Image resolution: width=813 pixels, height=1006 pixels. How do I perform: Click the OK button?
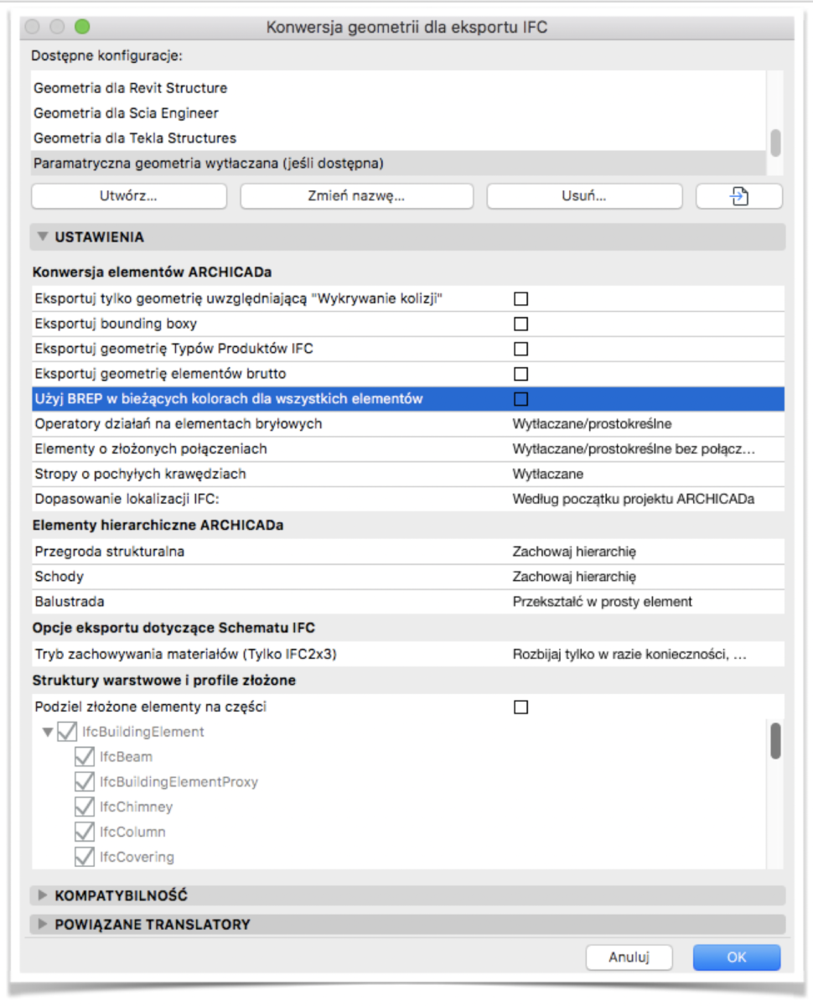pos(736,957)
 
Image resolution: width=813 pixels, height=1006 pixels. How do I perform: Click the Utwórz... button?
pos(128,196)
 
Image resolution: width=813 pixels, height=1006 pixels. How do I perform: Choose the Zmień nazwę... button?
pos(356,196)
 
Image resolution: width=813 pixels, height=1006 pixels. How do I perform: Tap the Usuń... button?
pos(584,196)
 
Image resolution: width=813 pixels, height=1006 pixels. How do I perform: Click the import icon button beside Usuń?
pos(738,196)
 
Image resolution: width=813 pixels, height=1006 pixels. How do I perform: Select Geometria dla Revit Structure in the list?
pos(130,88)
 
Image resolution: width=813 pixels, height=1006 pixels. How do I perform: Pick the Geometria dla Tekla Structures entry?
pos(135,138)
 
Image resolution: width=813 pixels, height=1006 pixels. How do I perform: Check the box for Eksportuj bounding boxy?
pos(521,324)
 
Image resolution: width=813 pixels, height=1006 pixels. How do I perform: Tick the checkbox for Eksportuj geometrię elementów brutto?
pos(521,374)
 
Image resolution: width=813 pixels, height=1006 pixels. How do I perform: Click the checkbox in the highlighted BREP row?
pos(521,399)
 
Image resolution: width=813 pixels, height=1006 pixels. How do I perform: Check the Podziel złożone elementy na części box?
pos(521,708)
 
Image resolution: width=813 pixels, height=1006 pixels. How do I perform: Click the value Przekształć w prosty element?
pos(602,602)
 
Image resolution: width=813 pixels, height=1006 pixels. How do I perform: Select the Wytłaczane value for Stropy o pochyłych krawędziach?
pos(547,474)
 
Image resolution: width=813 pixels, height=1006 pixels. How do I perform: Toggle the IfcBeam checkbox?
pos(84,757)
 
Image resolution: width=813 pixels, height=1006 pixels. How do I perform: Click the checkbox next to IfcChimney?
pos(84,807)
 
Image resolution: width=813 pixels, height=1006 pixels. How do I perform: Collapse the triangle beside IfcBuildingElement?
pos(48,732)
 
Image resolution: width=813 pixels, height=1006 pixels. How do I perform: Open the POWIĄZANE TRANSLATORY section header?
pos(153,925)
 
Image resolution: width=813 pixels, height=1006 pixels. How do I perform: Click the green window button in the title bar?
pos(81,27)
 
